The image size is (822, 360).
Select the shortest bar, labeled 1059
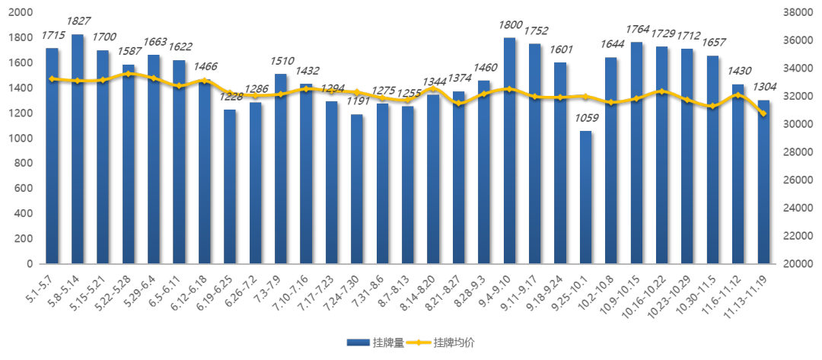point(585,197)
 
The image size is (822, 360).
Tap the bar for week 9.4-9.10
point(509,151)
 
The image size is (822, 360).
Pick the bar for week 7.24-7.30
point(357,189)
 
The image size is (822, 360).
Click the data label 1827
point(78,21)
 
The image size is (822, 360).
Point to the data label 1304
point(764,88)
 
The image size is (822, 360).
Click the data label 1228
point(231,97)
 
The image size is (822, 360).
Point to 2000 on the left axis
point(21,13)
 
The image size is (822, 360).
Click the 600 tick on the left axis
point(24,189)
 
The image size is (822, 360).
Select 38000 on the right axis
point(795,13)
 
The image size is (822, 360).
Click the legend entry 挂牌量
point(375,343)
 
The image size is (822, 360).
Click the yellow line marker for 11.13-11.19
point(763,113)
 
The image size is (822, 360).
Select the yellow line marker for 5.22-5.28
point(129,74)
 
